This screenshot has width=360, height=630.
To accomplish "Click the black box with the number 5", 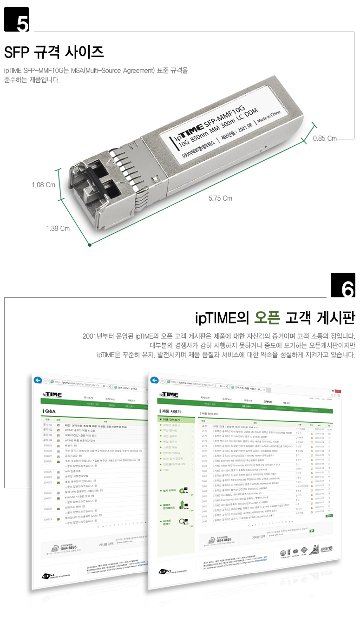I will point(16,20).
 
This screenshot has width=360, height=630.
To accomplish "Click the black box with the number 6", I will point(342,285).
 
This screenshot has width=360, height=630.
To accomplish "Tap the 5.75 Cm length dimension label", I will point(220,198).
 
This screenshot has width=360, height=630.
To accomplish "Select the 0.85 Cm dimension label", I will point(325,138).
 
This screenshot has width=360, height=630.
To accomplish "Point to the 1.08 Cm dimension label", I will point(44,185).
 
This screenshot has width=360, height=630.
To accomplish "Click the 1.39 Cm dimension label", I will point(58,228).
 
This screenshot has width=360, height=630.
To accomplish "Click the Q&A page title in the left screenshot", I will point(50,411).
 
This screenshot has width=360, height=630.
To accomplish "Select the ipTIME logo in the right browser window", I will point(168,394).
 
